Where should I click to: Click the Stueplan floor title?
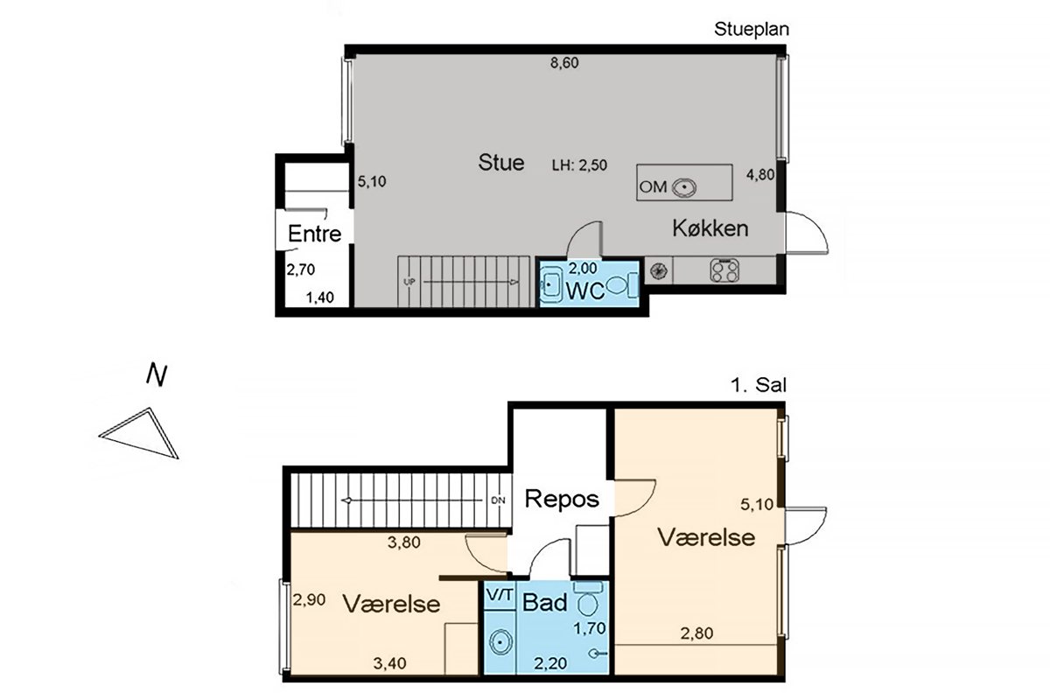point(752,30)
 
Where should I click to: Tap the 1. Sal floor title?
point(759,385)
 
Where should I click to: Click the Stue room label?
point(501,163)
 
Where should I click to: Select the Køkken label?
point(710,228)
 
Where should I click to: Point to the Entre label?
point(314,234)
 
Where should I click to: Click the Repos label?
point(562,499)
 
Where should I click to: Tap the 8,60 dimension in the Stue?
point(564,63)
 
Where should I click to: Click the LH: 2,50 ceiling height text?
point(579,165)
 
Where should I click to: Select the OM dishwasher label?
point(653,187)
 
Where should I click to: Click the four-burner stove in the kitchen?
point(724,270)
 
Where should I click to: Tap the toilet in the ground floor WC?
point(622,285)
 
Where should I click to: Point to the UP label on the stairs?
point(409,283)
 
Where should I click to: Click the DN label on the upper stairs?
point(498,500)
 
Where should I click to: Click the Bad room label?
point(544,603)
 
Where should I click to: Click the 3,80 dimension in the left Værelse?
point(403,542)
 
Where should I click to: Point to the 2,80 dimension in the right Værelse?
point(696,633)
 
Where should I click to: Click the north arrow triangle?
point(139,433)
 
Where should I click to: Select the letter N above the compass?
point(157,374)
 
